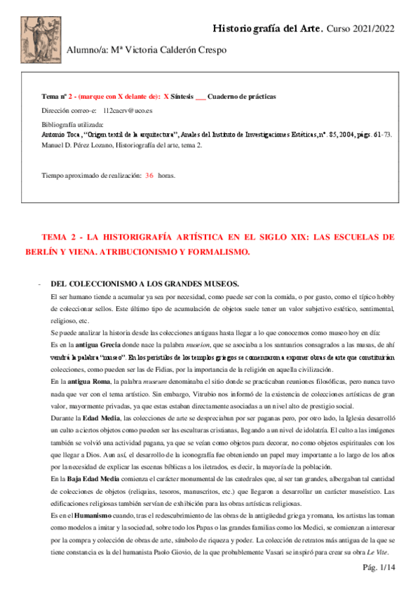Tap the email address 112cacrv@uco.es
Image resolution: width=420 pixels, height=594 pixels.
coord(128,111)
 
